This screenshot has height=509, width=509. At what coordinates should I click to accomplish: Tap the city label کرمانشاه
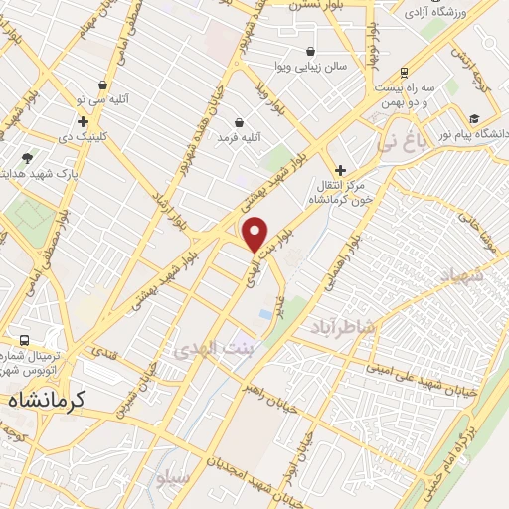click(49, 400)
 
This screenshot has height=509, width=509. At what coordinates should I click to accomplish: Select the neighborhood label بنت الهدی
click(213, 350)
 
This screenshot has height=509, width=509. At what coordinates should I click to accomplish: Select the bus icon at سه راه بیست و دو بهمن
click(404, 73)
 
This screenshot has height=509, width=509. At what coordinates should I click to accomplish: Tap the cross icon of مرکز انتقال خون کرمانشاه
click(341, 171)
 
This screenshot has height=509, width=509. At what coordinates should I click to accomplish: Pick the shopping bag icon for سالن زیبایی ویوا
click(312, 51)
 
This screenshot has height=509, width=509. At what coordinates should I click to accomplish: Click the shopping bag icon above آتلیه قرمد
click(240, 122)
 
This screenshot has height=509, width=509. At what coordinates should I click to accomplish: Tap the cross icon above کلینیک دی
click(84, 121)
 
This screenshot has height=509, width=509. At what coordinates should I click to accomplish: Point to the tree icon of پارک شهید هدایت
click(27, 158)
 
